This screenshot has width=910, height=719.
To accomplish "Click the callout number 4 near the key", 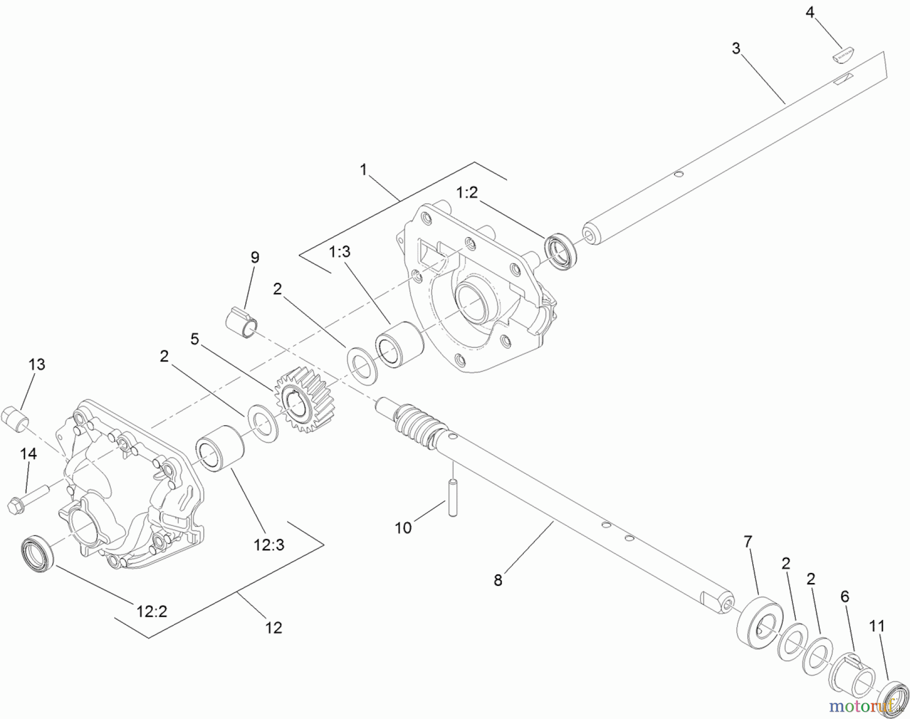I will coord(810,12).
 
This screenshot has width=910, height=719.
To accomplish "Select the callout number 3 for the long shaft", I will coord(736,49).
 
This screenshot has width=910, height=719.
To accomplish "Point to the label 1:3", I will coord(339,251).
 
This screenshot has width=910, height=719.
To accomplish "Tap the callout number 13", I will coord(37,364).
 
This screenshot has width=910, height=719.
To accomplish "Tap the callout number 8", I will coord(498,580).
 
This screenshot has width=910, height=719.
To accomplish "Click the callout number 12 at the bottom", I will coord(274,627).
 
